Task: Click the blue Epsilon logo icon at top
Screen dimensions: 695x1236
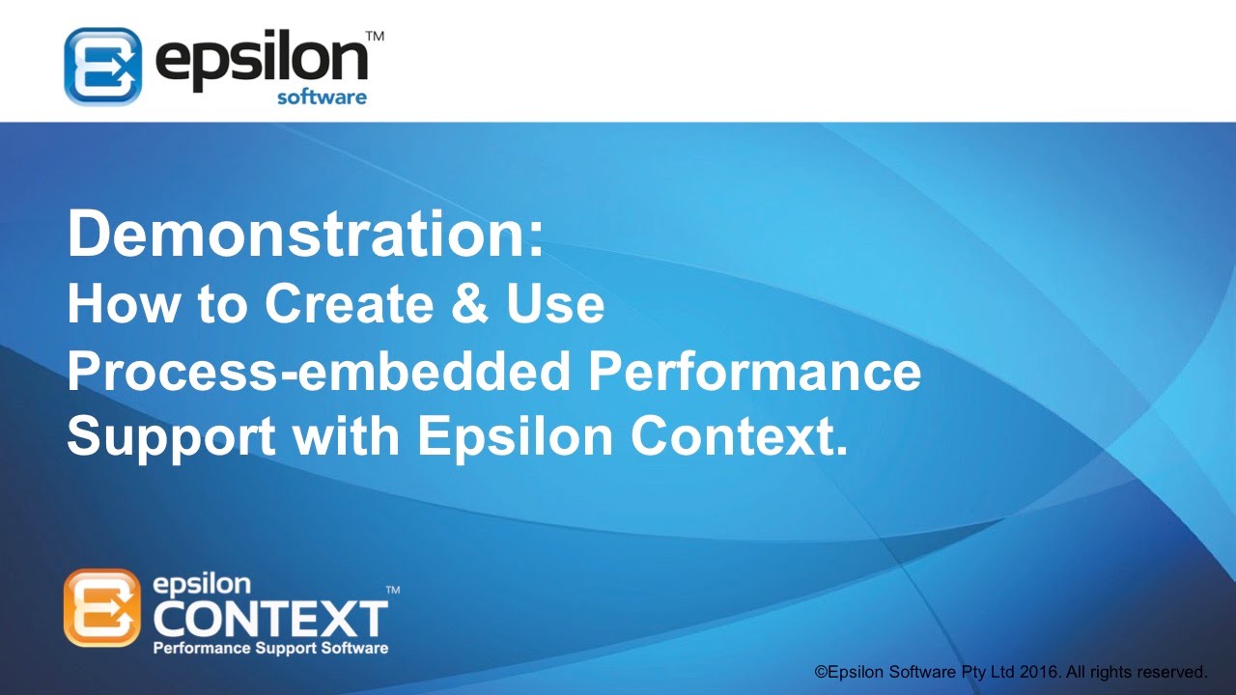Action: tap(102, 66)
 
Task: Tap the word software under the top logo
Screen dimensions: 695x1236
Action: tap(322, 97)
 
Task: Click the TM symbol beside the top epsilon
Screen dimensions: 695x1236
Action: tap(376, 36)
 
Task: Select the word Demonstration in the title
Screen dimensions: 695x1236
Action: tap(304, 236)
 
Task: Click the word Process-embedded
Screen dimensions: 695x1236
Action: tap(319, 374)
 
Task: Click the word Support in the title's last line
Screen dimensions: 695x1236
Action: tap(170, 437)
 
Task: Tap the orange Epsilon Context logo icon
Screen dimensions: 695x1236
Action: tap(102, 607)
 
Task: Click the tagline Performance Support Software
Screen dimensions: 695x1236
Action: tap(270, 648)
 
